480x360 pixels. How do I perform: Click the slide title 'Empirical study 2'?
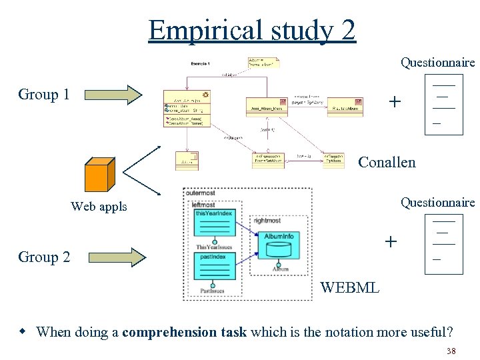point(252,30)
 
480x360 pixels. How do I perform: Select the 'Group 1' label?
point(44,95)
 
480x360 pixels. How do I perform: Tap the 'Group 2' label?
point(44,257)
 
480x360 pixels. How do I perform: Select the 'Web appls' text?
point(99,207)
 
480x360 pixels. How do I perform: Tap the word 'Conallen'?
point(387,162)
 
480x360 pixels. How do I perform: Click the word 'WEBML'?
point(349,288)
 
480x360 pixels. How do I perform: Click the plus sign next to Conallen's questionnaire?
point(395,102)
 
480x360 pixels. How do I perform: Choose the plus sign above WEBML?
point(391,241)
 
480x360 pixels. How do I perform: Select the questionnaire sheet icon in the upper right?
point(443,105)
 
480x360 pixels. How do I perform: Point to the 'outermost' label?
point(201,193)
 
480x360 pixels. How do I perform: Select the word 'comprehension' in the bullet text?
point(170,332)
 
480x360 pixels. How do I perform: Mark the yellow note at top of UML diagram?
point(264,62)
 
